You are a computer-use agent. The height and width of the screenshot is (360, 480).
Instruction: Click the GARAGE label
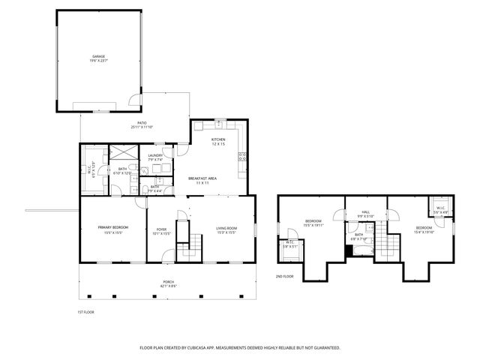coord(97,56)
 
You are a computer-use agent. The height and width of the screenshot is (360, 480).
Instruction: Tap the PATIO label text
coord(141,123)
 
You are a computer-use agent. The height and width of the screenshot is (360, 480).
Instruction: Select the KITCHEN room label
coord(217,139)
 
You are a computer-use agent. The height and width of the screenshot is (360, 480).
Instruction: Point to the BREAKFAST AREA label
coord(202,178)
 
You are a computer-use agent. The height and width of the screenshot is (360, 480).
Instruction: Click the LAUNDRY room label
coord(155,155)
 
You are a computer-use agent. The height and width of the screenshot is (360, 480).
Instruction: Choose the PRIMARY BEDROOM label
coord(113,227)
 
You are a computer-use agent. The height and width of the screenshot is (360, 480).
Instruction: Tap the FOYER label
coord(161,229)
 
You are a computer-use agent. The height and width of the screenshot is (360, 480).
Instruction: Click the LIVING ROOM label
coord(226,228)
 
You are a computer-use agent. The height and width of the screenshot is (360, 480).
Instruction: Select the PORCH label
coord(168,282)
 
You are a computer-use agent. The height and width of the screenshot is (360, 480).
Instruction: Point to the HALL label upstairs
coord(365,212)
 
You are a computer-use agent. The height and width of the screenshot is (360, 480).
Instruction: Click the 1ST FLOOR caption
coord(85,312)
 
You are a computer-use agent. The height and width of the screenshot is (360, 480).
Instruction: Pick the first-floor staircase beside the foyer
coord(194,242)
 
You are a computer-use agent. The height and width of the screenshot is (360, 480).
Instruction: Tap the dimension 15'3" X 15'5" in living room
coord(226,233)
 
